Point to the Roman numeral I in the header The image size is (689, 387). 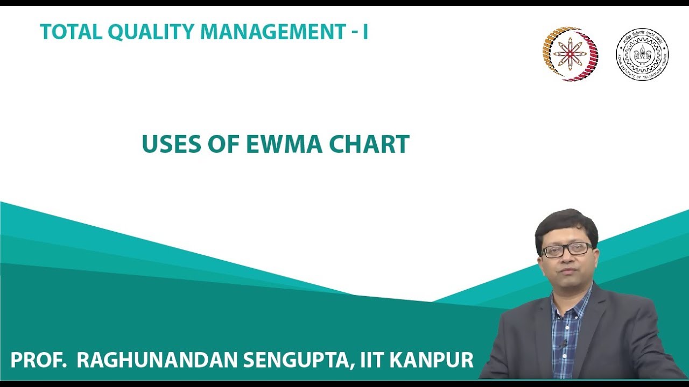point(365,32)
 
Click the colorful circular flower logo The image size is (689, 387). point(570,54)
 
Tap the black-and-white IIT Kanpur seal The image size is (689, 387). point(642,54)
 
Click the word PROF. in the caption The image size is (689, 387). point(38,360)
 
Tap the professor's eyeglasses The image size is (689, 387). point(567,249)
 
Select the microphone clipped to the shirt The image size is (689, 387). point(564,343)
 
